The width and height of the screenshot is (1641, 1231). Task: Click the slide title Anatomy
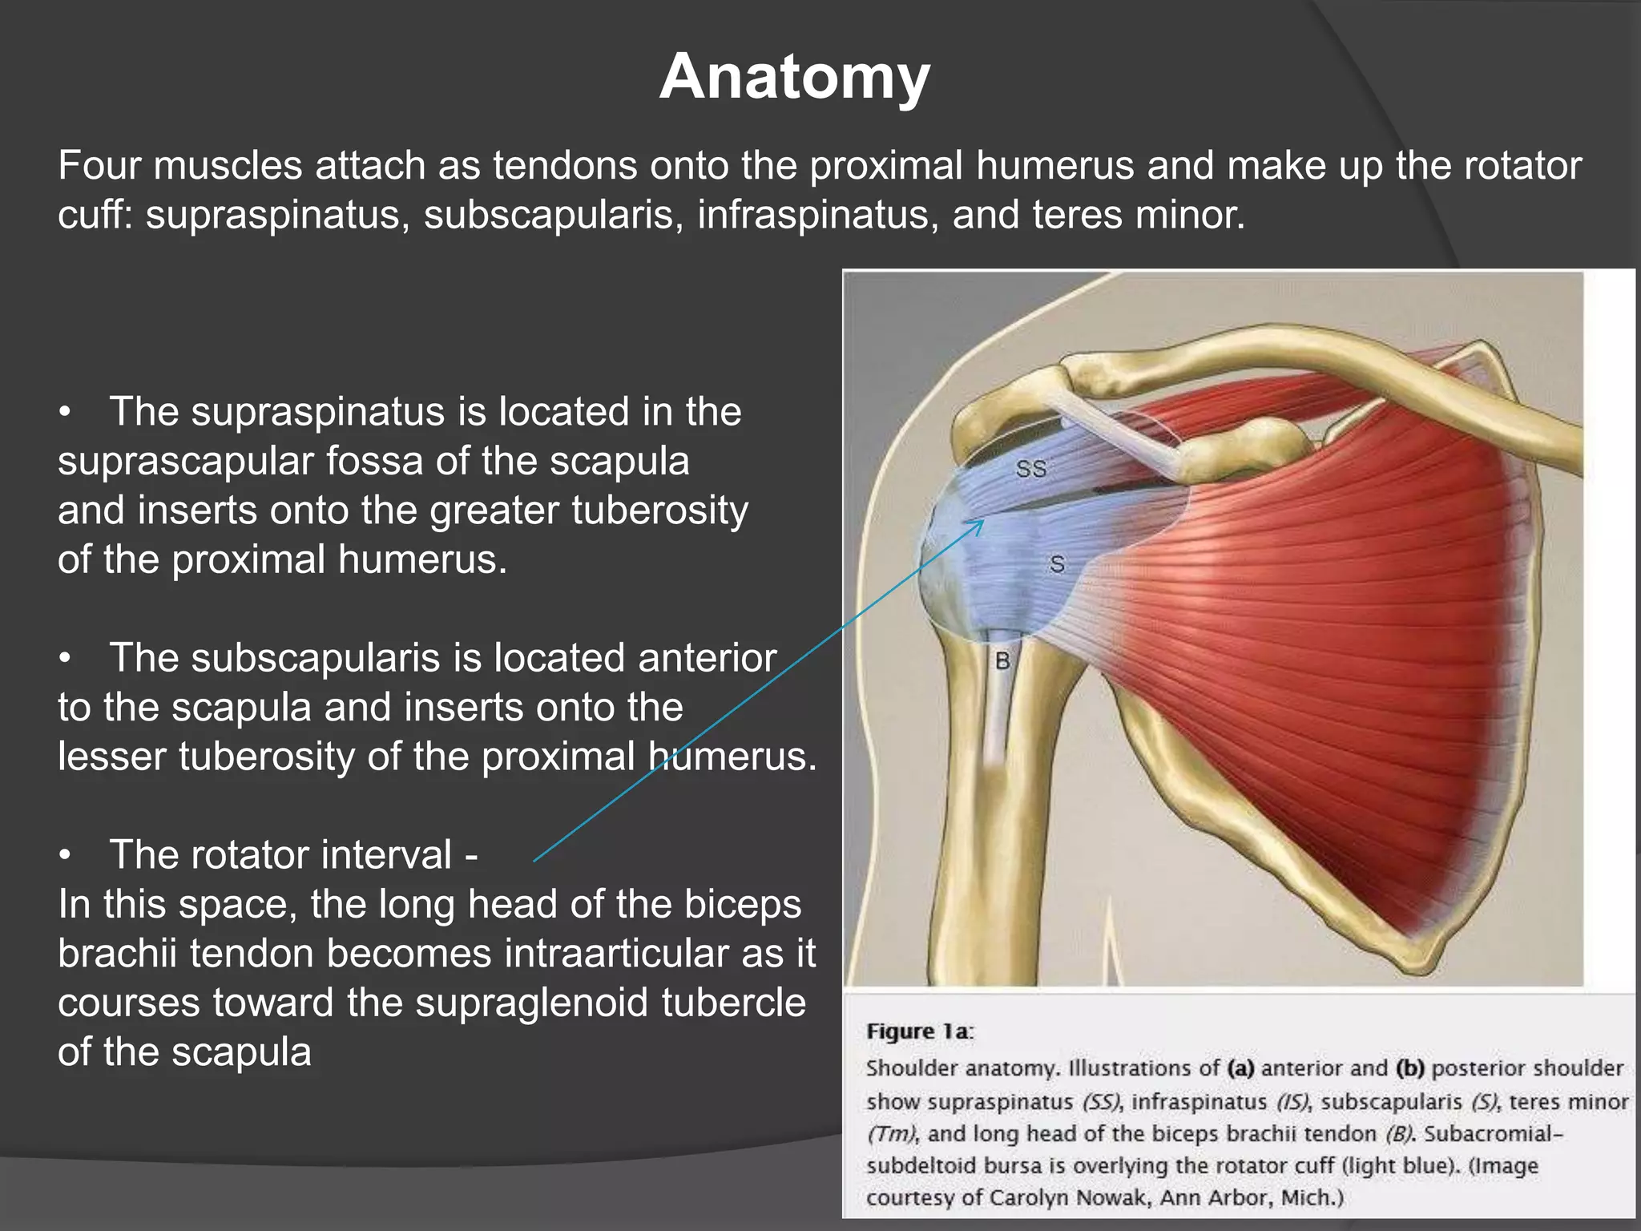(x=794, y=76)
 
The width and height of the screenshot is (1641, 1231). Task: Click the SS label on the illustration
(x=1031, y=469)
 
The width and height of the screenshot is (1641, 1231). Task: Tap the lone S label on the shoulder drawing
(x=1058, y=565)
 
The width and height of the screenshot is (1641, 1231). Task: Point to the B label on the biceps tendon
(x=1002, y=662)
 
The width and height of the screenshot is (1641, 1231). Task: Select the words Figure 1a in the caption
(x=919, y=1031)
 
